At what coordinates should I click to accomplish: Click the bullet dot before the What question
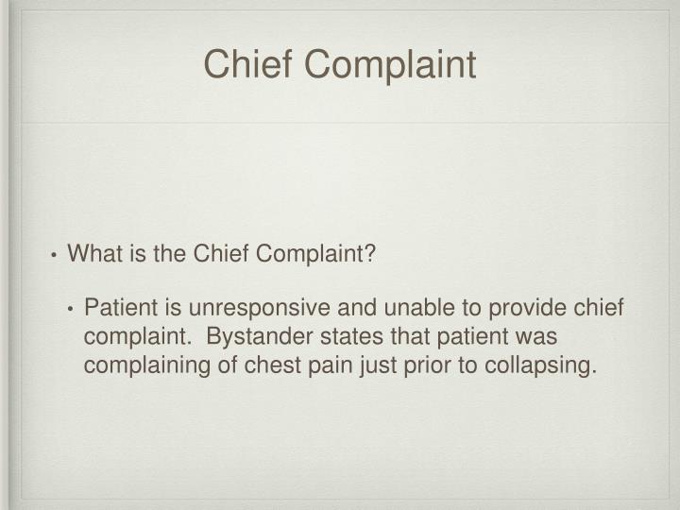(56, 256)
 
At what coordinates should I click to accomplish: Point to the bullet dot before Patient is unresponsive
(73, 311)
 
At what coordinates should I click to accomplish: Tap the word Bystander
(254, 337)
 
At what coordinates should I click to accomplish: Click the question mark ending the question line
(371, 255)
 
